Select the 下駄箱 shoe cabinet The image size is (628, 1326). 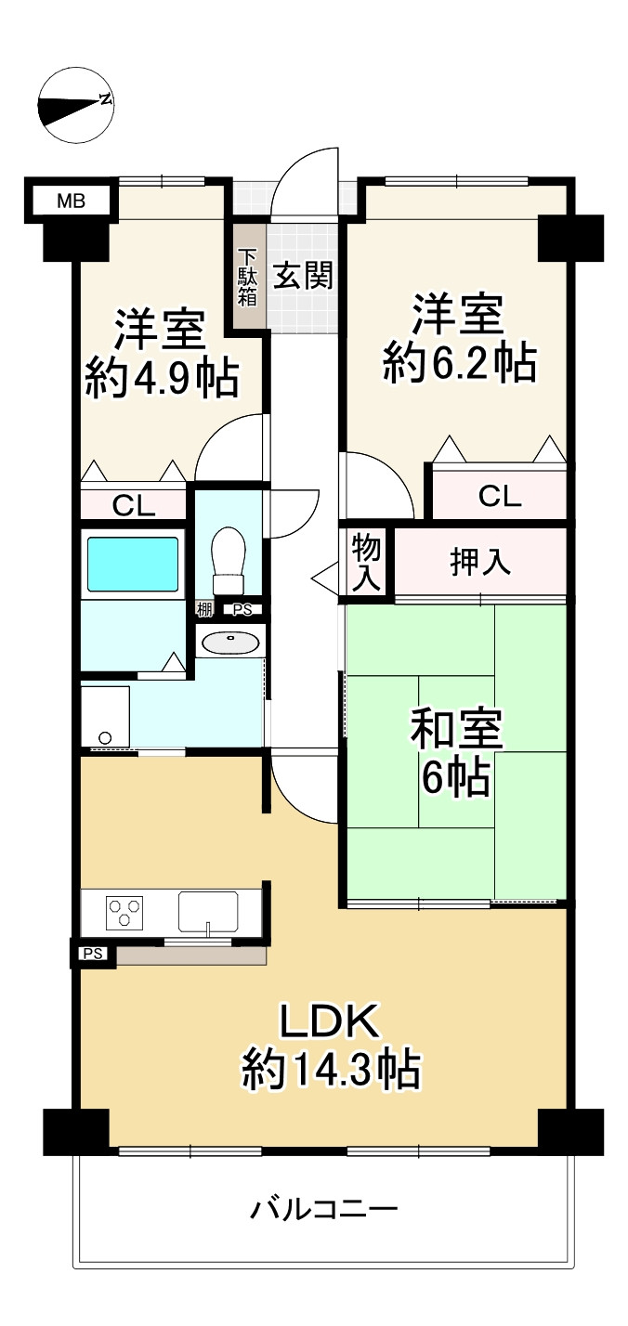(248, 277)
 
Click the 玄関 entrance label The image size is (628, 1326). (302, 276)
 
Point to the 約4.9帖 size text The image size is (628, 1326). (162, 378)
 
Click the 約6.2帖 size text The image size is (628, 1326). (460, 363)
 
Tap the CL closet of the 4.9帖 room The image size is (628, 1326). (134, 505)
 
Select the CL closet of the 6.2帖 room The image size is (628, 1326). (500, 497)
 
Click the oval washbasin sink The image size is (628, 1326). (229, 643)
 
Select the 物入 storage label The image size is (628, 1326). (367, 563)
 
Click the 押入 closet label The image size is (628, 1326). (480, 563)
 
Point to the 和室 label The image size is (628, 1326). (456, 732)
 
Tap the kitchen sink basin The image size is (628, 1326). (207, 911)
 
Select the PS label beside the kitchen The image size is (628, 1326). (92, 953)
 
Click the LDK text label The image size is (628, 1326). (331, 1022)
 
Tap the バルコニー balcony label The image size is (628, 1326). (324, 1210)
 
